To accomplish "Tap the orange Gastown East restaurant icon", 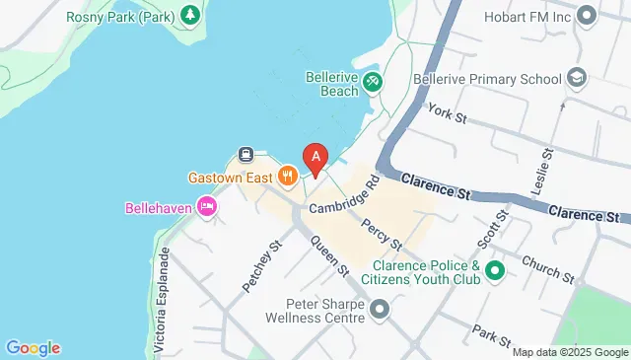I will pyautogui.click(x=288, y=177).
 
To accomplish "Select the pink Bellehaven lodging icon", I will pyautogui.click(x=207, y=207).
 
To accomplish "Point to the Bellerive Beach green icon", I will pyautogui.click(x=373, y=82).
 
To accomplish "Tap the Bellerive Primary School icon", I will pyautogui.click(x=576, y=78).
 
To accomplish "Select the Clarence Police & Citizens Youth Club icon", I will pyautogui.click(x=494, y=269).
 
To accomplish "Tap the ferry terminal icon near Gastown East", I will pyautogui.click(x=245, y=155).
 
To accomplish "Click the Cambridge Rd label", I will pyautogui.click(x=343, y=197).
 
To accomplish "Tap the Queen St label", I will pyautogui.click(x=329, y=255).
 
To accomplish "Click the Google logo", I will pyautogui.click(x=33, y=347).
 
